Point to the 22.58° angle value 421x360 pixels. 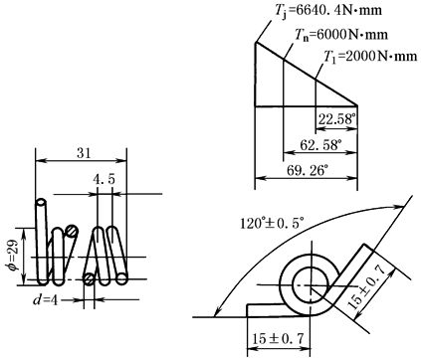pyautogui.click(x=334, y=121)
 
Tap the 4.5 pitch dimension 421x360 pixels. pyautogui.click(x=104, y=181)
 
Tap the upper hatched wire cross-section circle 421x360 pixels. pyautogui.click(x=72, y=232)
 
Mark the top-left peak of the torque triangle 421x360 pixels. pyautogui.click(x=256, y=42)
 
